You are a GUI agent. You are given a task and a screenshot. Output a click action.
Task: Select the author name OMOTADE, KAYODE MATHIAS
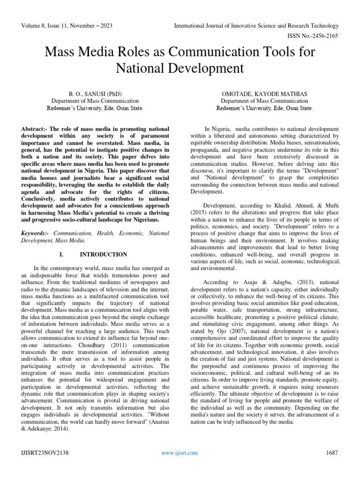point(264,93)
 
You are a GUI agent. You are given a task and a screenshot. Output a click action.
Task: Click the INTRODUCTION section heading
point(104,255)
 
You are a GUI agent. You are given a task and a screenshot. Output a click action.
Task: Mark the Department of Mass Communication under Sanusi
point(95,101)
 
